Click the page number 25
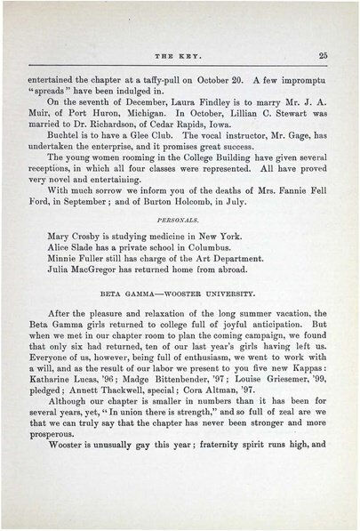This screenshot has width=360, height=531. point(324,55)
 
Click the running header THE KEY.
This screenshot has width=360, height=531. point(182,56)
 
